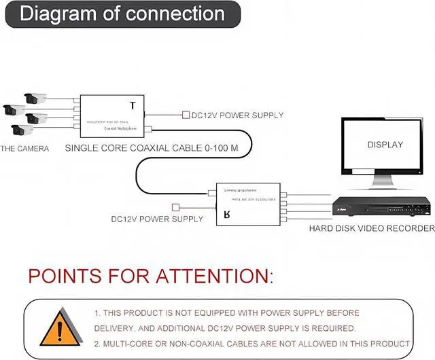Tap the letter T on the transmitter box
pos(132,105)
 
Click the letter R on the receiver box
pos(227,216)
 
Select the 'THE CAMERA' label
pos(24,148)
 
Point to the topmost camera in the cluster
pos(35,98)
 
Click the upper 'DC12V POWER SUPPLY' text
pos(238,115)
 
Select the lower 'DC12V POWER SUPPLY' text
pos(157,219)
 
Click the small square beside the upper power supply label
pos(186,115)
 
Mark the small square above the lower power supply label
pos(176,206)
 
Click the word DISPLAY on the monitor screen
pos(385,145)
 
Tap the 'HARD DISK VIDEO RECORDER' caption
pos(371,229)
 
